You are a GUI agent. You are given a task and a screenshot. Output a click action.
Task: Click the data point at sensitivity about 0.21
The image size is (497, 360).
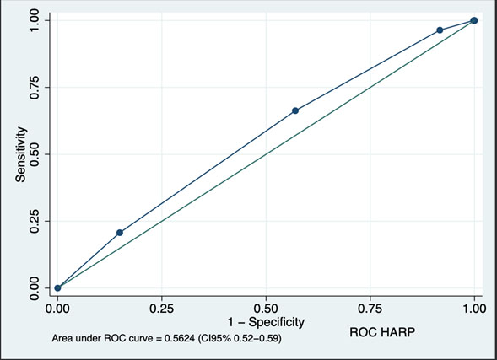[x=120, y=233]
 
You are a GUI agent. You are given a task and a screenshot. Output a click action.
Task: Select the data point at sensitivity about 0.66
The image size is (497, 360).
[x=295, y=110]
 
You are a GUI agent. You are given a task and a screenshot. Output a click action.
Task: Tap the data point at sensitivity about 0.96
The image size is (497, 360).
[x=440, y=30]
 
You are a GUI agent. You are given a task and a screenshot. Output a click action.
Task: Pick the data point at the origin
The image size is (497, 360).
[x=57, y=288]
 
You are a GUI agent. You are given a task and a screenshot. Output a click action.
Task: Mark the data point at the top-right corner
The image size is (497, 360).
[x=474, y=20]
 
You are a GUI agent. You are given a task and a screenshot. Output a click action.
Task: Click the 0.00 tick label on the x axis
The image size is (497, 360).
[x=57, y=309]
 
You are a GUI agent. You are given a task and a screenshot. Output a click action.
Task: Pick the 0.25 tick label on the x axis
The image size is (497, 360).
[x=162, y=309]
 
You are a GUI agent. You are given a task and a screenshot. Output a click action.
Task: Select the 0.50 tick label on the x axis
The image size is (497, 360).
[x=266, y=309]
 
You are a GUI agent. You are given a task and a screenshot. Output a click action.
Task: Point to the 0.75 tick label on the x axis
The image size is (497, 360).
[x=370, y=309]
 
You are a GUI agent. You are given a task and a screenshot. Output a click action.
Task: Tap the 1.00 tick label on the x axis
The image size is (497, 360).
[x=474, y=309]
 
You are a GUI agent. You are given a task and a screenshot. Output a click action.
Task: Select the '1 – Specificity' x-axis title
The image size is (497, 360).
[x=266, y=322]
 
